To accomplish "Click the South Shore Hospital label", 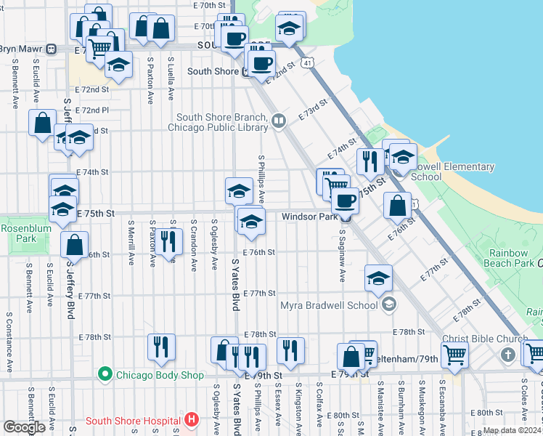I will point(133,421).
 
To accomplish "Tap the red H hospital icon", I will point(191,420).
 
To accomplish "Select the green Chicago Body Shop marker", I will point(105,375).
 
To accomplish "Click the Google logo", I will point(24,427).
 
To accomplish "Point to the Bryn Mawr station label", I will point(22,49).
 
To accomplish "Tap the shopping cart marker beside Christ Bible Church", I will point(455,355).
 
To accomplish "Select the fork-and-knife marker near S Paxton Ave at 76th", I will point(168,241).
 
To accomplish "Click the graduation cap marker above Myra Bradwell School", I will point(377,278).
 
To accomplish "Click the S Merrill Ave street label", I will point(131,244).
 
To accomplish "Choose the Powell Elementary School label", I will point(453,171).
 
